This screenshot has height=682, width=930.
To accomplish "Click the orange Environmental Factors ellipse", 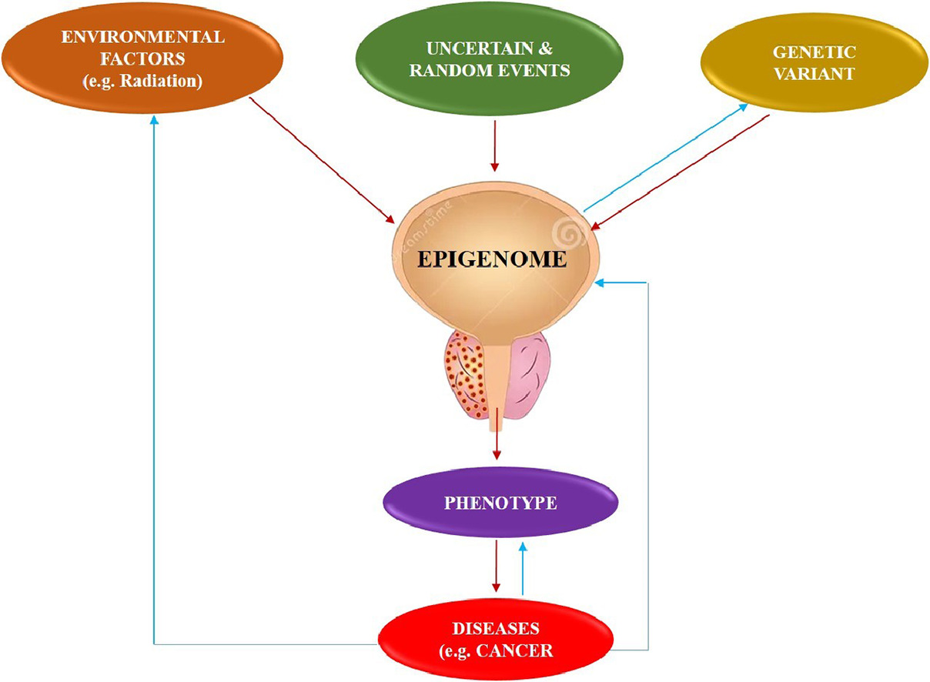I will click(x=143, y=59).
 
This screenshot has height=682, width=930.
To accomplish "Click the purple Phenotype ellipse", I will click(x=500, y=504).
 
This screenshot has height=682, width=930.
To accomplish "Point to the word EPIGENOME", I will click(x=492, y=259).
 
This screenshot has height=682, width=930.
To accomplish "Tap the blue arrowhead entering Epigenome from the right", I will click(x=603, y=283).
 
